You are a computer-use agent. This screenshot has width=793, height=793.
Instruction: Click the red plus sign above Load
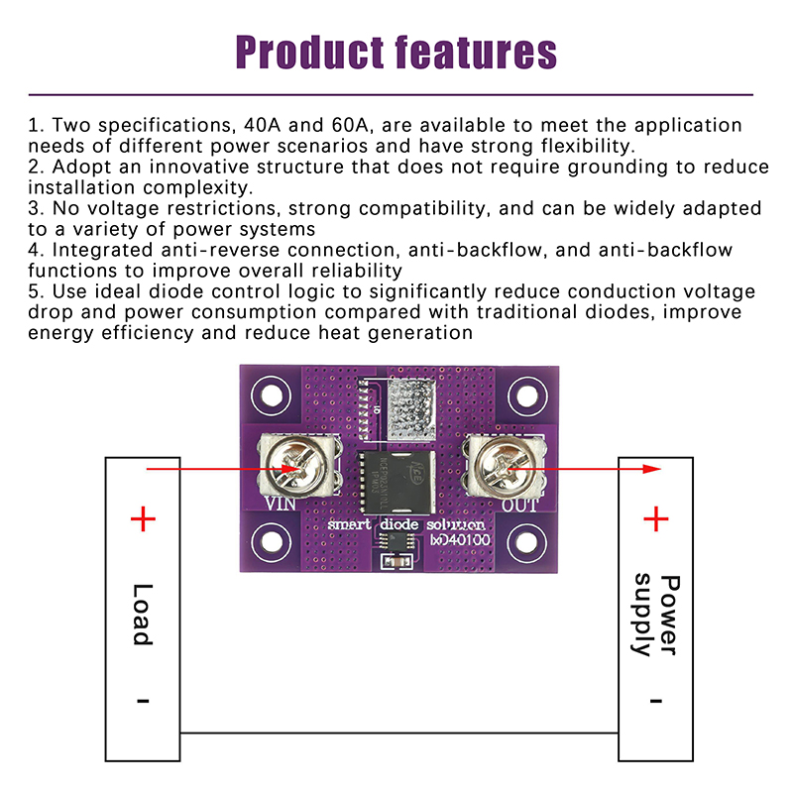tap(144, 518)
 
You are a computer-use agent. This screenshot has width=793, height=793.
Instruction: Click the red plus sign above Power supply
tap(656, 518)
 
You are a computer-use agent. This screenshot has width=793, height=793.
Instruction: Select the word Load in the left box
tap(144, 614)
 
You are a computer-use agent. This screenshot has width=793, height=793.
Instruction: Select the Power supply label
tap(656, 615)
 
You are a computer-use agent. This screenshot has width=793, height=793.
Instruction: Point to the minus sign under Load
tap(144, 700)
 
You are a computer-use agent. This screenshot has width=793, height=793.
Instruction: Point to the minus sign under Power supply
tap(656, 700)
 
